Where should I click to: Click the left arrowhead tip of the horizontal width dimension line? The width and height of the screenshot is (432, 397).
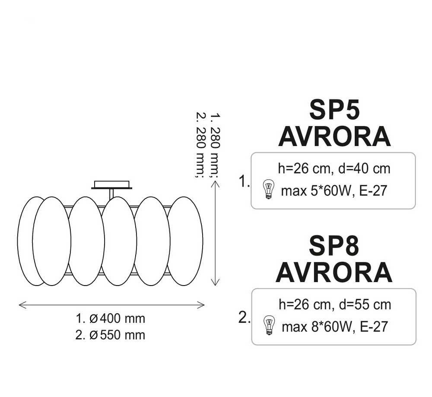tap(19, 305)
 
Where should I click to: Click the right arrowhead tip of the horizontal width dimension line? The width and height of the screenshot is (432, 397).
tap(204, 305)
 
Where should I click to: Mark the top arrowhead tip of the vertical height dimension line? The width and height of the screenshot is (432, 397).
tap(215, 181)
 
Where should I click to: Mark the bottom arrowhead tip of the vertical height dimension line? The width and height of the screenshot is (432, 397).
tap(215, 286)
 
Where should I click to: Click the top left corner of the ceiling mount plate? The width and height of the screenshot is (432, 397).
tap(95, 181)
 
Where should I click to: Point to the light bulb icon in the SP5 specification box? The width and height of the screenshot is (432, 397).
tap(268, 189)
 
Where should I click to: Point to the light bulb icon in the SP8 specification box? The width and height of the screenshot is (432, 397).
tap(269, 325)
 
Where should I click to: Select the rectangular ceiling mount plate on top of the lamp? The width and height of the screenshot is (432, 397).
tap(111, 185)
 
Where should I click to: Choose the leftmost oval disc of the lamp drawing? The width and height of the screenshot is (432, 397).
tap(31, 241)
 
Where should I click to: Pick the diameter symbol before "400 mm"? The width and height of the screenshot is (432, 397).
tap(94, 319)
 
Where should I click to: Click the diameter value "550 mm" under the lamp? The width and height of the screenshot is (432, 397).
tap(122, 335)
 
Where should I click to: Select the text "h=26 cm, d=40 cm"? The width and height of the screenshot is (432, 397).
tap(334, 168)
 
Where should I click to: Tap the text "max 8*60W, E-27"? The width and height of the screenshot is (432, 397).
tap(335, 327)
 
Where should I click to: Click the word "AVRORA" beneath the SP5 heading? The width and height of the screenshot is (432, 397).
tap(335, 137)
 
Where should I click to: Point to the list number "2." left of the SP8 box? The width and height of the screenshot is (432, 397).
tap(245, 318)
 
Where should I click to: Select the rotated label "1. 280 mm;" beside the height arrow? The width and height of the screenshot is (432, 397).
tap(215, 145)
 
